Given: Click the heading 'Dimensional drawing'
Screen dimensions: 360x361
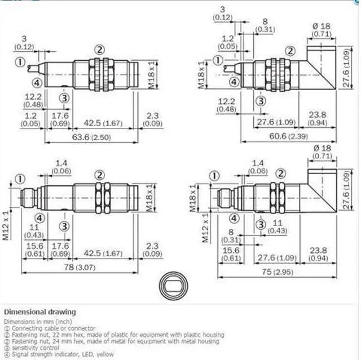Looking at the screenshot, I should tap(39, 312).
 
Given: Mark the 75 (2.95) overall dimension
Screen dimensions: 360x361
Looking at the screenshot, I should tap(280, 273).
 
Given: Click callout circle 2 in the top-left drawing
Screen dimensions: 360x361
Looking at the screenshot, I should tap(100, 48).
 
